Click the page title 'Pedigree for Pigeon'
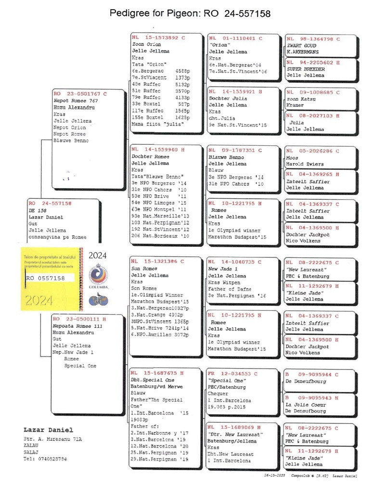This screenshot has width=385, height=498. [x=190, y=13]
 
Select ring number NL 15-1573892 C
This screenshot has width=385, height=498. [x=158, y=38]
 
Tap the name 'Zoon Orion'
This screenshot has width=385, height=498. [x=147, y=44]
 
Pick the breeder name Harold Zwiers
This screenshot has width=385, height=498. [x=305, y=164]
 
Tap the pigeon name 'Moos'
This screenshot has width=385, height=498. [x=292, y=158]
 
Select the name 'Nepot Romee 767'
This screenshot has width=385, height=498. [x=76, y=101]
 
